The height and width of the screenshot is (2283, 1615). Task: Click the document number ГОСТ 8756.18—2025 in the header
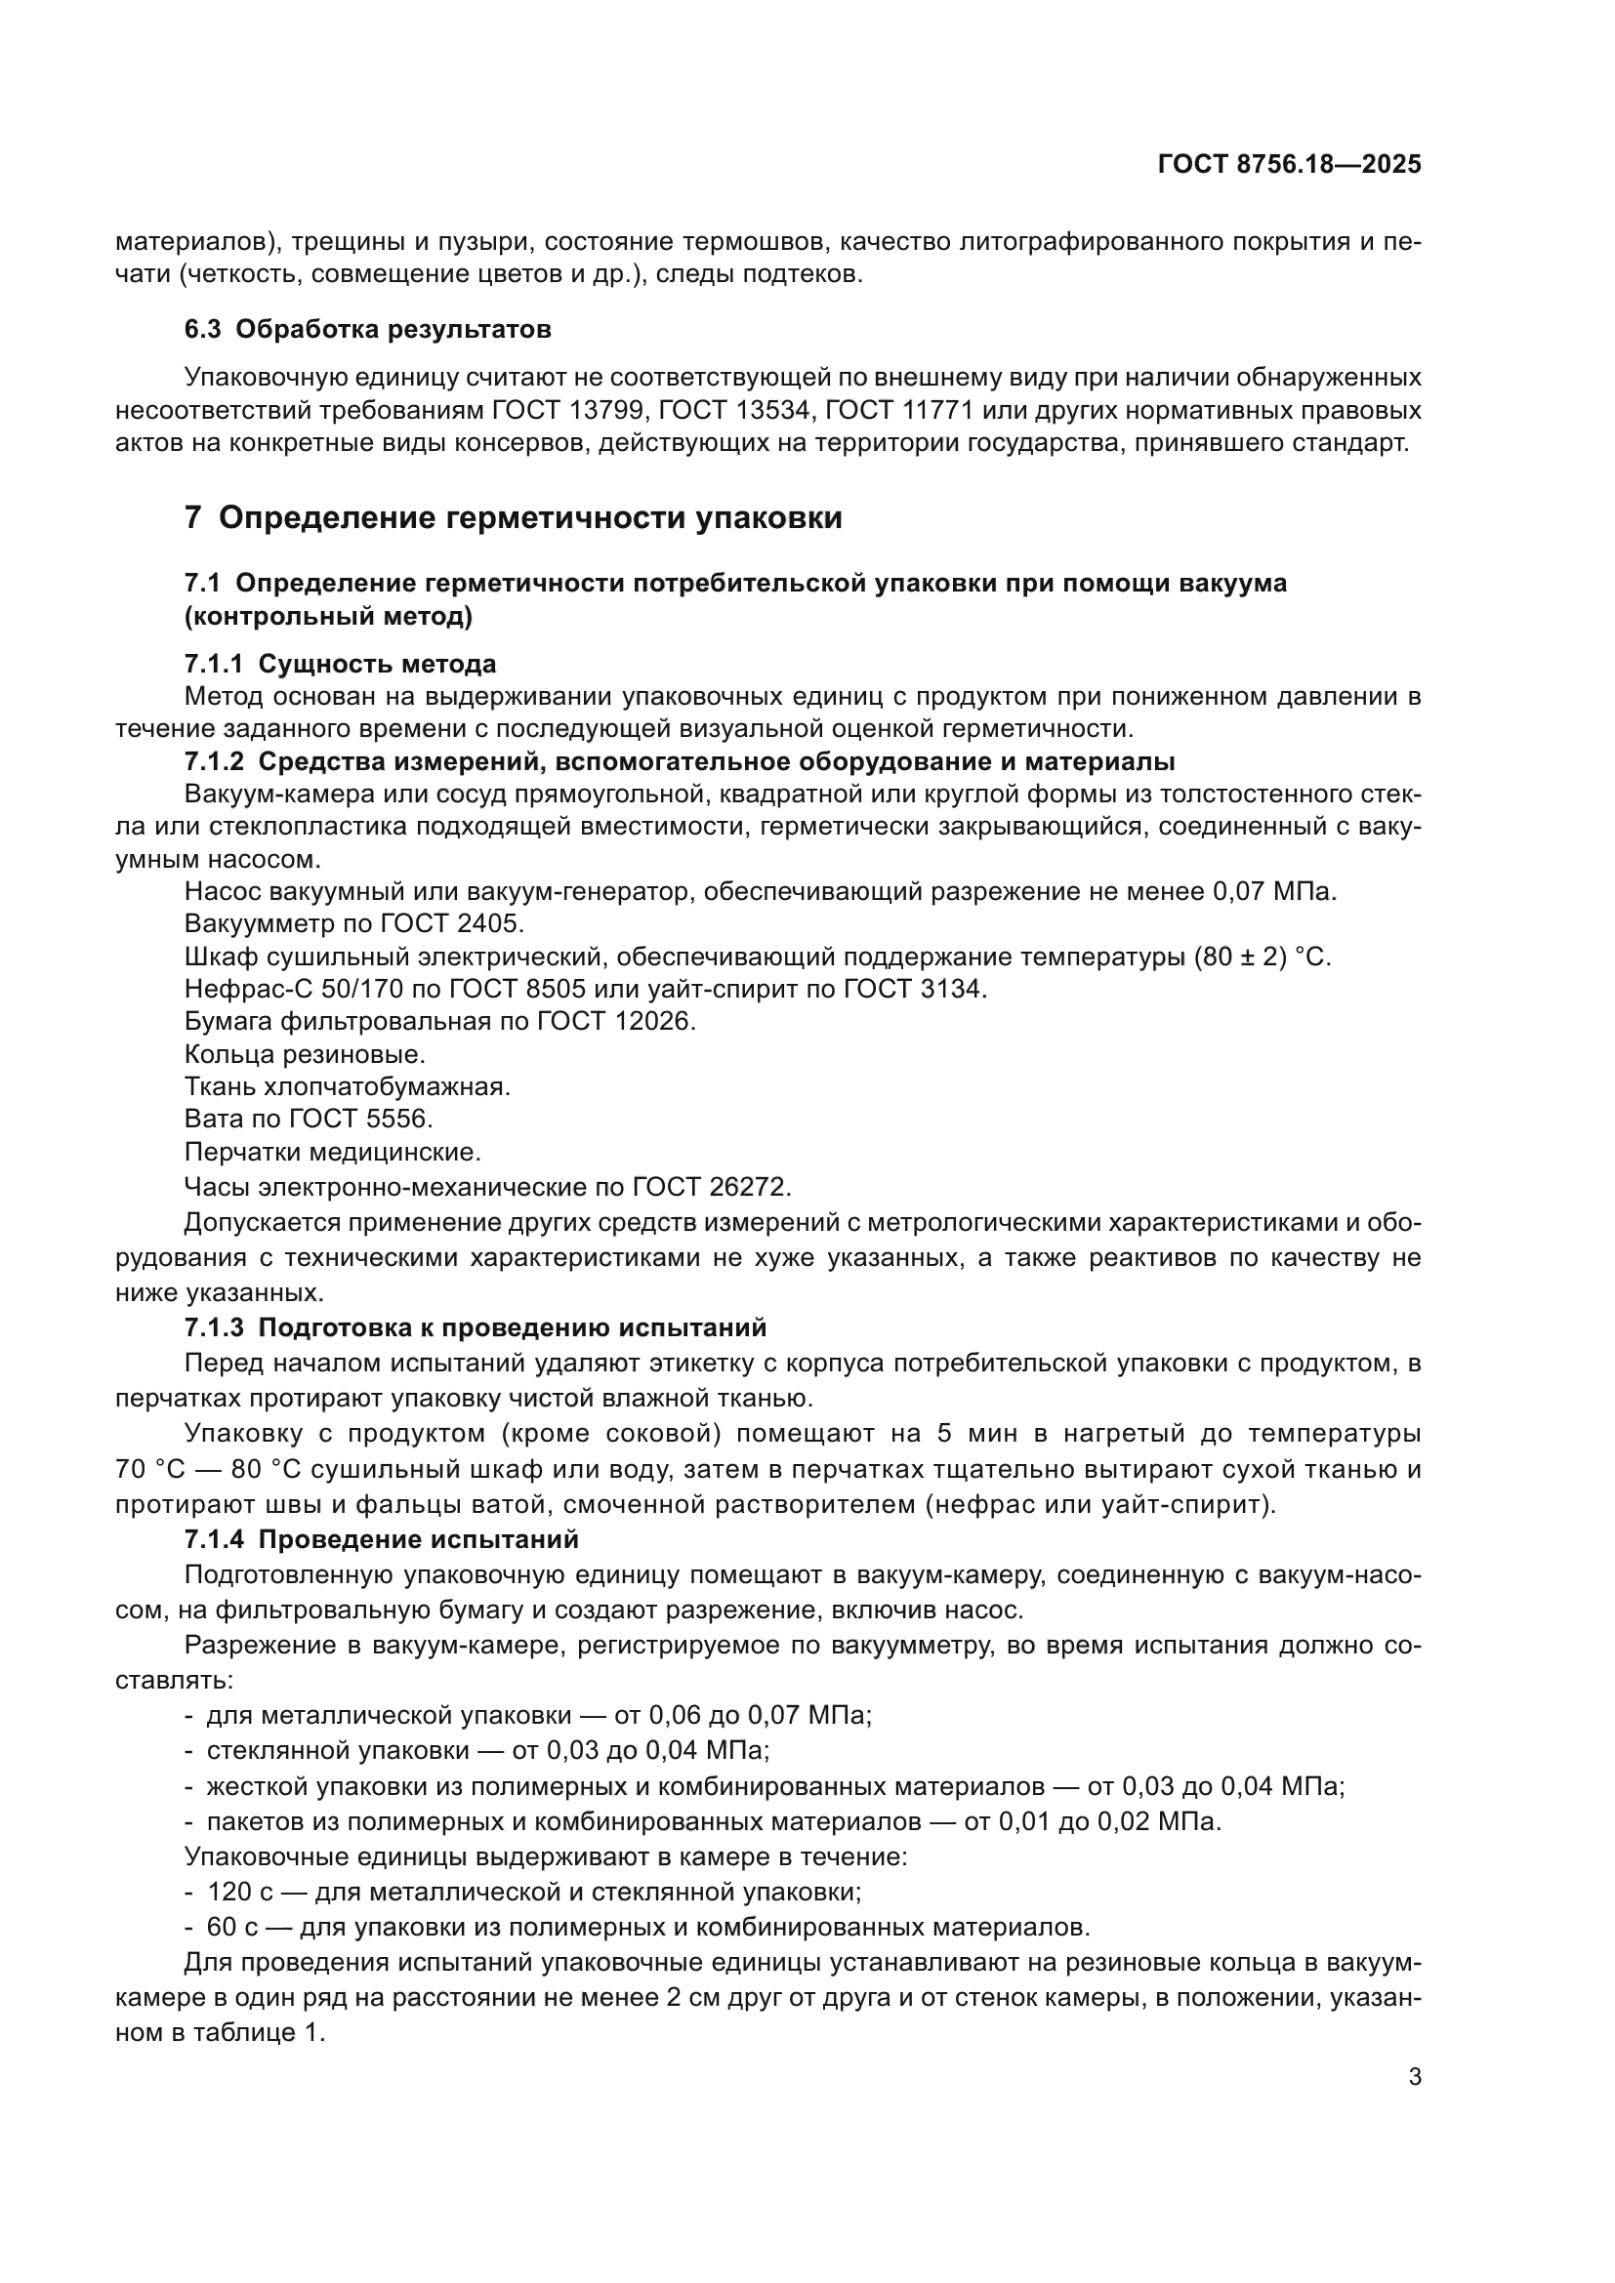point(1289,165)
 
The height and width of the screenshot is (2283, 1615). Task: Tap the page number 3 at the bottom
point(1414,2076)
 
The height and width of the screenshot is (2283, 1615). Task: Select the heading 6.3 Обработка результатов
point(367,329)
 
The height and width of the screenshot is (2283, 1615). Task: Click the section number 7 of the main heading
point(193,518)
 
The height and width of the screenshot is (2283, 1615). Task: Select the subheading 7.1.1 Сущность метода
point(340,663)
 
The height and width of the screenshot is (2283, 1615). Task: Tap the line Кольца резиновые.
point(305,1055)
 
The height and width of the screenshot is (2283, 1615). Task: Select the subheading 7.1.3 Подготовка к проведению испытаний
point(476,1328)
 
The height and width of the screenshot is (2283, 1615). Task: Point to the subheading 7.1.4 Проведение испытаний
point(381,1540)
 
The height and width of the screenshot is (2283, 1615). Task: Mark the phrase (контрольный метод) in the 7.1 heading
point(328,617)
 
